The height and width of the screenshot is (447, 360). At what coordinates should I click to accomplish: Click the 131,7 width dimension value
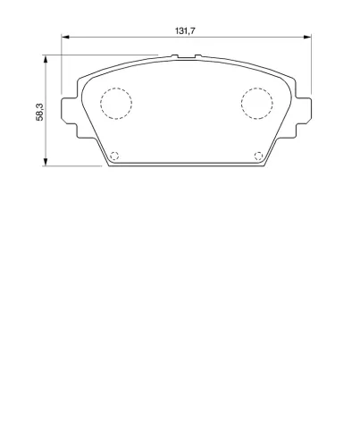click(x=185, y=30)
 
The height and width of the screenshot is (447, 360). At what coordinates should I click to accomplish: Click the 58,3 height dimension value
click(x=39, y=112)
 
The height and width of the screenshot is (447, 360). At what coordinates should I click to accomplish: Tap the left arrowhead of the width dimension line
click(x=65, y=37)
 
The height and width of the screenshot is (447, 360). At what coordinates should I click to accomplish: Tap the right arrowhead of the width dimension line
click(x=307, y=37)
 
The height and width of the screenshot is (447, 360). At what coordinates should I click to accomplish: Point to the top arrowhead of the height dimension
click(x=46, y=59)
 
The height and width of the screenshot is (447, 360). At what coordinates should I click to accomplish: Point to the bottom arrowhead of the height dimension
click(x=46, y=162)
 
